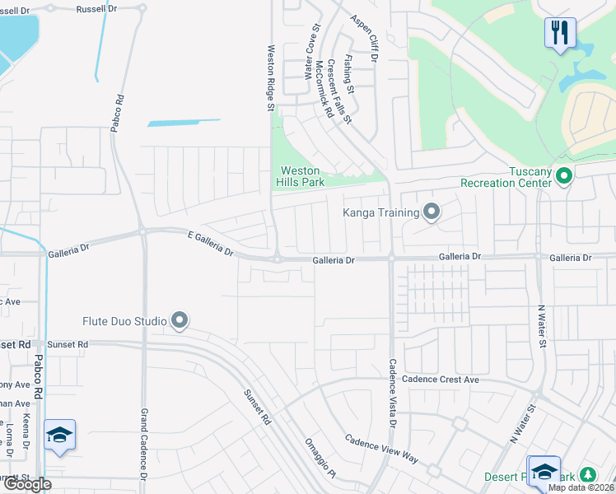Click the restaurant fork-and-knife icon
coord(560,33)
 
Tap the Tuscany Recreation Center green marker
coord(564,175)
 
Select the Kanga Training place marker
coord(432,212)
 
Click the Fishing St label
coord(349,73)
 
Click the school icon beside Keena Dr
coord(60,435)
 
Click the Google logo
coord(26,484)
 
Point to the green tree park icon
coord(587,476)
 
